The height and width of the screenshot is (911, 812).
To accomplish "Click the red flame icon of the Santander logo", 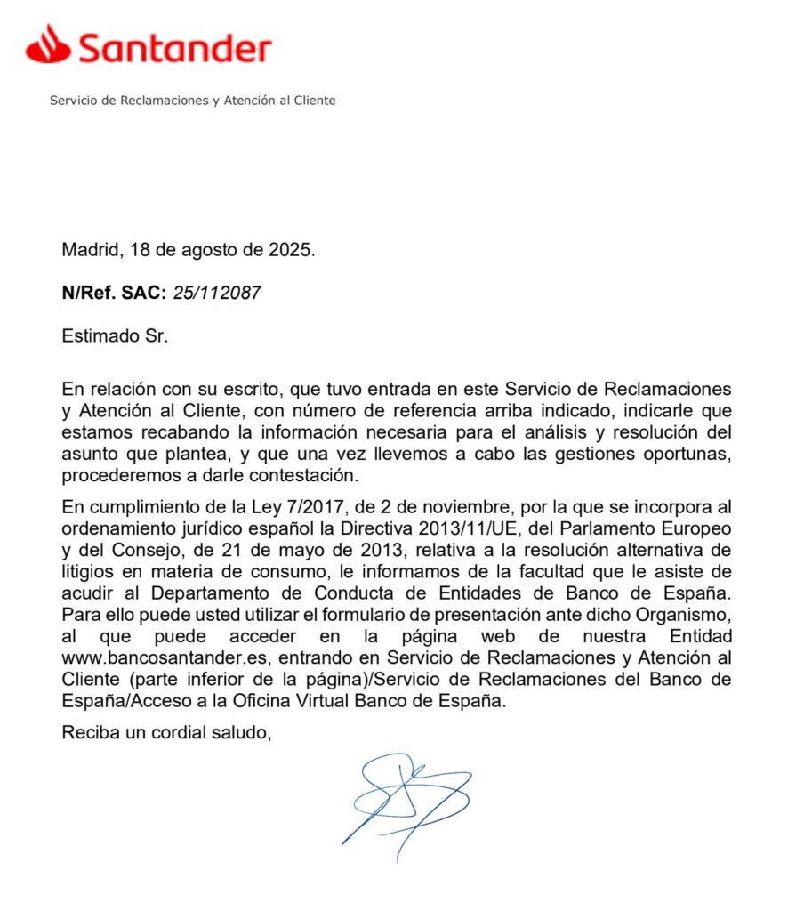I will point(47,44).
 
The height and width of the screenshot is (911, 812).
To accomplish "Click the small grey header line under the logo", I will point(192,101).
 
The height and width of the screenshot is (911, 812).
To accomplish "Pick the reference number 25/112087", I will point(217,293).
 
